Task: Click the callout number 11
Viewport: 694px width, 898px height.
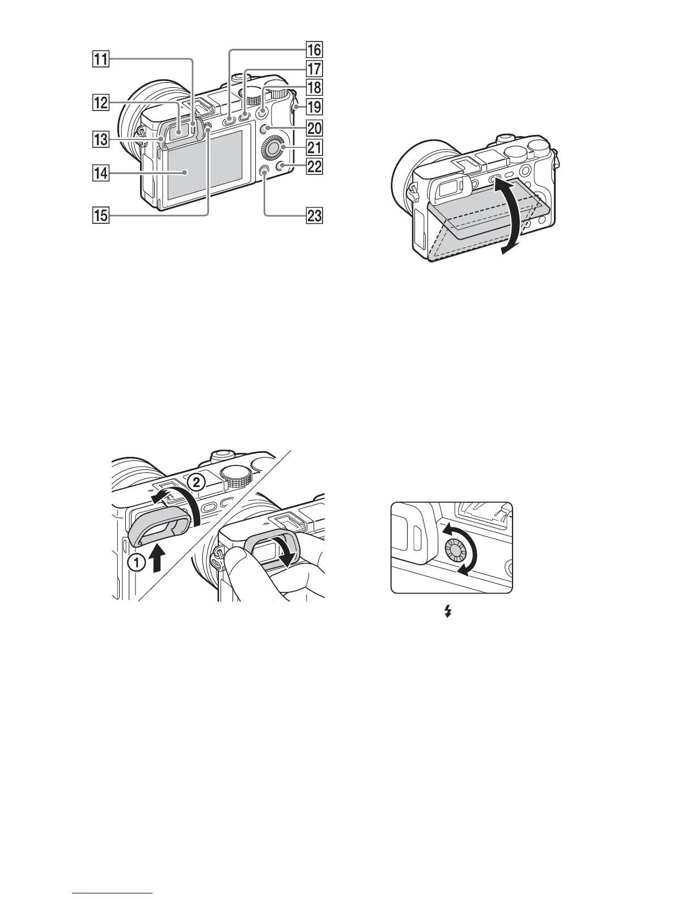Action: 103,58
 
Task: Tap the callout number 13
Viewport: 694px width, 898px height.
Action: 103,138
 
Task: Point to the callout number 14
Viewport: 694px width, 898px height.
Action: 103,174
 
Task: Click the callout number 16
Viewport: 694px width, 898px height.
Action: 314,50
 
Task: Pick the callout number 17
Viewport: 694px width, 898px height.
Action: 314,69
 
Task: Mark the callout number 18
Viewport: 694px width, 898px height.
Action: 314,87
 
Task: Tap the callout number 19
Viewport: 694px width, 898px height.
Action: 314,106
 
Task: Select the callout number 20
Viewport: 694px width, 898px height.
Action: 314,128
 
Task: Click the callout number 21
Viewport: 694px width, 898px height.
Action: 314,148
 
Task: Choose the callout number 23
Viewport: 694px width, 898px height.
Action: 314,215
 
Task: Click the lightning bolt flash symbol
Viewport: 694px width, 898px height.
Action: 448,611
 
